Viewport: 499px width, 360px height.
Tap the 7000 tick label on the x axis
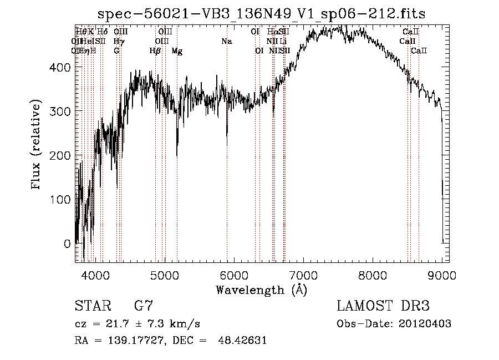click(303, 274)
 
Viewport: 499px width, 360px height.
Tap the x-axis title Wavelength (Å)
click(261, 290)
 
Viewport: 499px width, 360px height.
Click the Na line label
click(226, 42)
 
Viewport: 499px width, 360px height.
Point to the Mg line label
click(177, 51)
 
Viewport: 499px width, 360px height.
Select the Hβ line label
click(155, 51)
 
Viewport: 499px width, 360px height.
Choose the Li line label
click(283, 42)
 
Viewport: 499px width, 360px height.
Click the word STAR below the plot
click(91, 306)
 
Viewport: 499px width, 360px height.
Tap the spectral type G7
click(144, 306)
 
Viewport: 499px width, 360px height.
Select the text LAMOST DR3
click(383, 306)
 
